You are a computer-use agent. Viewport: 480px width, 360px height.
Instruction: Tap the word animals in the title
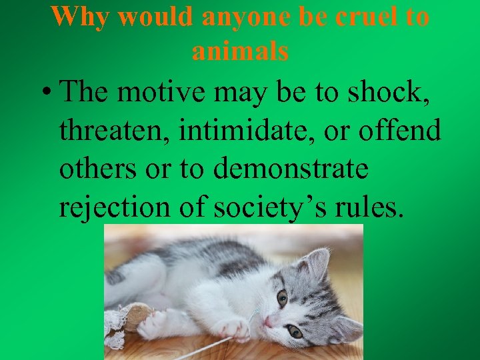tap(240, 51)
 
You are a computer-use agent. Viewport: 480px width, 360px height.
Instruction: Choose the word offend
tap(401, 131)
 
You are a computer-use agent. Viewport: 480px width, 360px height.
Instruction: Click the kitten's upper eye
tap(283, 298)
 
